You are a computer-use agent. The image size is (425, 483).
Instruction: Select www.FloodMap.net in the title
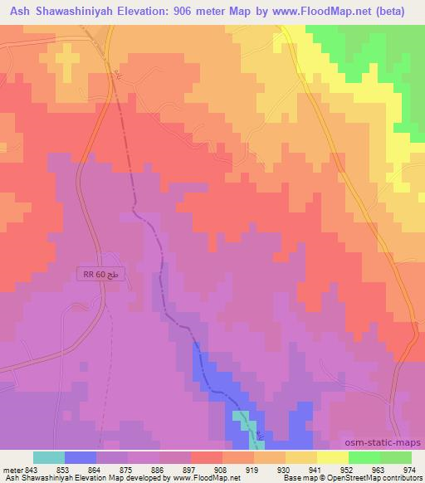[x=319, y=11]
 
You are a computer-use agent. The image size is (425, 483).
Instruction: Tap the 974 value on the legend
[x=410, y=470]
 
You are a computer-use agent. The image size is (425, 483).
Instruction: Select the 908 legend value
[x=221, y=470]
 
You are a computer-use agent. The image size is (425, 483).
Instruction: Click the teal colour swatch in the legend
[x=49, y=457]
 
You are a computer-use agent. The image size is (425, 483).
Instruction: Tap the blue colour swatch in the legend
[x=81, y=457]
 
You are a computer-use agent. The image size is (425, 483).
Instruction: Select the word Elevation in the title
[x=144, y=11]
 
